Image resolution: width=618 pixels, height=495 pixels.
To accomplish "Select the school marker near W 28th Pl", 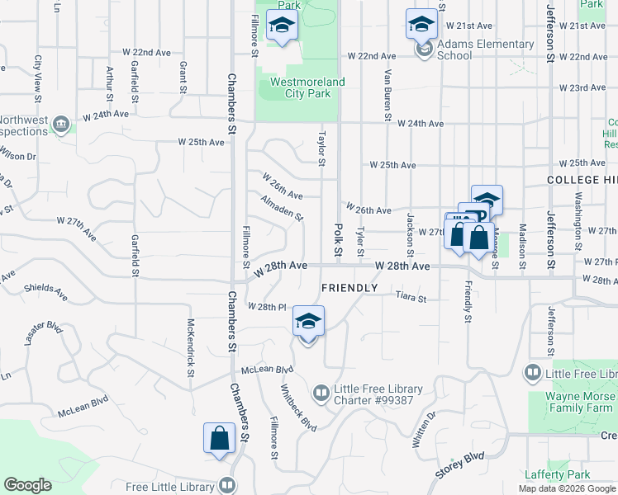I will (x=308, y=322).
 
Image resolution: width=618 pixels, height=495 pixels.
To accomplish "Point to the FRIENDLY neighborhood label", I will (x=349, y=288).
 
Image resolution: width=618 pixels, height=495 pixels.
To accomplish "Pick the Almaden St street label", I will (x=282, y=207).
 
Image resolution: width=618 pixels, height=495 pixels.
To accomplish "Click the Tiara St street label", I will (x=410, y=297).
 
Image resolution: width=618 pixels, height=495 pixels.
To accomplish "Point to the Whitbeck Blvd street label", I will (x=297, y=407).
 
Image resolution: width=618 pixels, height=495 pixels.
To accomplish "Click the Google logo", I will (x=27, y=485).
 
